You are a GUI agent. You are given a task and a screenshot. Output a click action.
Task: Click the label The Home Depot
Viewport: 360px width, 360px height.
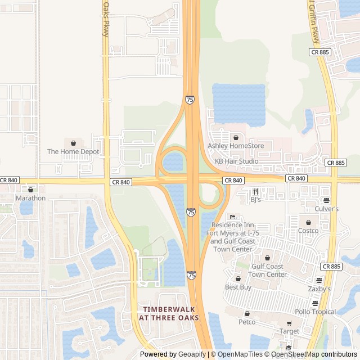(x=73, y=152)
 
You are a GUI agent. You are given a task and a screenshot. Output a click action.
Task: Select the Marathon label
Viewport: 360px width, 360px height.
(x=30, y=198)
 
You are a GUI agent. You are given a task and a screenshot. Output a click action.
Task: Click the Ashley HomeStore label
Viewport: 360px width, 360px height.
(x=236, y=146)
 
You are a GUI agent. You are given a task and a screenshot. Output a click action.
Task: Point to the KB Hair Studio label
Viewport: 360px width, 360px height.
(x=237, y=161)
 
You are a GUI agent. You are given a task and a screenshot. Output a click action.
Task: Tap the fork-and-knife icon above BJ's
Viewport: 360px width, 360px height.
(x=255, y=191)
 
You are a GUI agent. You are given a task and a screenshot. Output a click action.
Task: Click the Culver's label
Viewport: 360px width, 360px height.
(x=326, y=209)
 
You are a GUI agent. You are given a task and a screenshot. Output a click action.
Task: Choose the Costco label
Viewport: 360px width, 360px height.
(x=308, y=231)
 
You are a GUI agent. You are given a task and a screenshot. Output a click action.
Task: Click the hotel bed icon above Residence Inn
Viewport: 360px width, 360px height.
(x=232, y=217)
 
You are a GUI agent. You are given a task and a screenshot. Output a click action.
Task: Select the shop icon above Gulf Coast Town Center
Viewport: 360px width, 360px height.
(x=267, y=258)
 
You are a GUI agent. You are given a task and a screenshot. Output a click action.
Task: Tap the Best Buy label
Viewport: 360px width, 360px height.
(x=238, y=287)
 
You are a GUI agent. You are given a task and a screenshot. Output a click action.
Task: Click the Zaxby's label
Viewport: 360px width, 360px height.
(x=319, y=289)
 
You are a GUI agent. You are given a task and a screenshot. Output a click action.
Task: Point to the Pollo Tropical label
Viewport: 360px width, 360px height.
(x=315, y=312)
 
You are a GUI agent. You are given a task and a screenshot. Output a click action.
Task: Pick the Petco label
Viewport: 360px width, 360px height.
(x=246, y=322)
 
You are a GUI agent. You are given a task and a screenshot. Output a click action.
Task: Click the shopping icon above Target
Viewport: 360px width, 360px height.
(x=289, y=323)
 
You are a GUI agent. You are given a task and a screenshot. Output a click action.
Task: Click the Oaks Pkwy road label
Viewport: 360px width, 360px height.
(x=105, y=18)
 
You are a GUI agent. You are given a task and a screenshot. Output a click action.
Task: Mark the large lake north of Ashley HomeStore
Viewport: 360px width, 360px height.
(x=238, y=103)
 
